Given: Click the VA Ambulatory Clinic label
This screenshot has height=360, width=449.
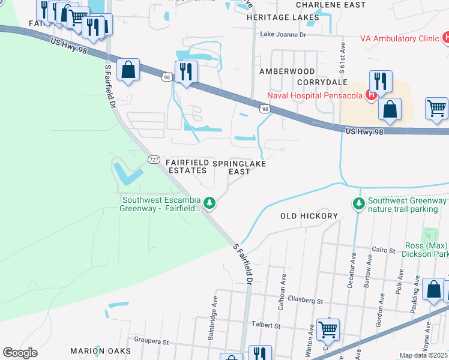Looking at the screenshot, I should tap(400, 38).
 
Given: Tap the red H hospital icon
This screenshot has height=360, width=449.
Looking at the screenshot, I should tap(372, 95).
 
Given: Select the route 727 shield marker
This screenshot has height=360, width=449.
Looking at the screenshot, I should tap(154, 160).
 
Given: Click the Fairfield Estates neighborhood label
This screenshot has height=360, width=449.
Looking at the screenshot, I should tap(187, 167).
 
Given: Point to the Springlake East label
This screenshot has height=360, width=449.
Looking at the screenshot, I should tap(240, 167).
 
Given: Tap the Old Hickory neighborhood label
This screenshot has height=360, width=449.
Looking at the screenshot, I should tap(310, 215).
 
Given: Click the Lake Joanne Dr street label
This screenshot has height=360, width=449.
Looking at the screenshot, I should tap(282, 35).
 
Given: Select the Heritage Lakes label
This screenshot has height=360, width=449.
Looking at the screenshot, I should tap(283, 17).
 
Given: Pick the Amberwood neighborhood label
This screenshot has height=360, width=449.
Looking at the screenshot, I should tap(287, 71).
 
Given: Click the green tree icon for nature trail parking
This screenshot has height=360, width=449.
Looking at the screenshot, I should tap(358, 205).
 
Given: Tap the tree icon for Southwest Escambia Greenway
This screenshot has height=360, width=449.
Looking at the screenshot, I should tap(209, 204).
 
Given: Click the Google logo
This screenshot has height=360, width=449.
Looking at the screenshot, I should tap(20, 353).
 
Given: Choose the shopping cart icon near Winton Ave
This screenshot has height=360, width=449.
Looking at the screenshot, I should tap(328, 329).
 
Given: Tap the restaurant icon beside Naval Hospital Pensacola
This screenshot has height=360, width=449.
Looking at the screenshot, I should tap(381, 81).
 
